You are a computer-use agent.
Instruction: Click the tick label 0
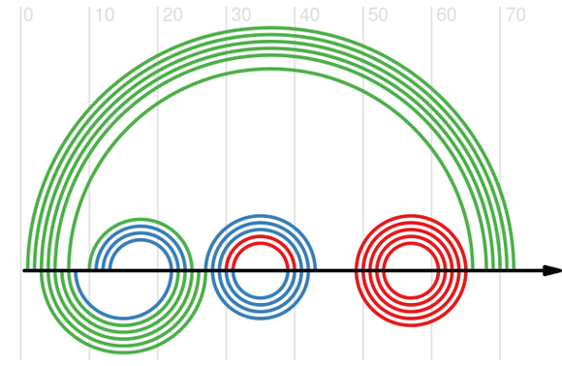coord(28,15)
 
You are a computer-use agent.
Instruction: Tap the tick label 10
coord(105,15)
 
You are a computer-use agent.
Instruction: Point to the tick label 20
coord(172,15)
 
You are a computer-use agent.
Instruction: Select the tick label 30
coord(241,15)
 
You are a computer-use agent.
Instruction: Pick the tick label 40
coord(310,15)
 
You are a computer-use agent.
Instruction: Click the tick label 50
coord(378,15)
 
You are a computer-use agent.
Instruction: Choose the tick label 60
coord(447,15)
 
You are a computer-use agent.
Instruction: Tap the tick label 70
coord(515,15)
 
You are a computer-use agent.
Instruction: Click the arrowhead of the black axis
coord(552,271)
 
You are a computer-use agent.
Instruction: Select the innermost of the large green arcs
coord(271,69)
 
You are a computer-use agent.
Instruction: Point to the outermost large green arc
coord(271,27)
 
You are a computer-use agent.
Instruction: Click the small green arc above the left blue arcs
coord(140,219)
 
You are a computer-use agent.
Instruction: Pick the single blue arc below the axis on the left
coord(124,318)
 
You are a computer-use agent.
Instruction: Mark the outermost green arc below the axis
coord(124,352)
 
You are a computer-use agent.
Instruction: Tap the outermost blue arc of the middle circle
coord(261,216)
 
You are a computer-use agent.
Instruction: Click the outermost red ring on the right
coord(411,216)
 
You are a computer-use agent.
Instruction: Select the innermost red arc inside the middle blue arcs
coord(261,244)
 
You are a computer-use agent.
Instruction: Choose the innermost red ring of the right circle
coord(411,244)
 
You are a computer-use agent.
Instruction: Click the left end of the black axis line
coord(23,271)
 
